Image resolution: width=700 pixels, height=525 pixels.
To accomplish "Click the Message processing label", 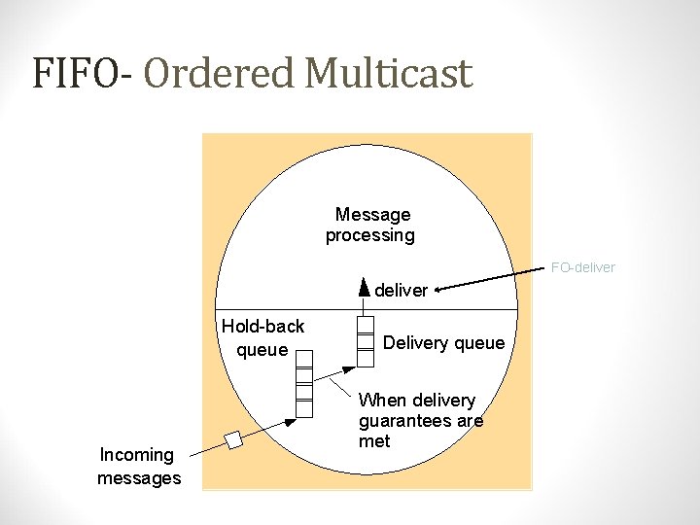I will coord(371,225).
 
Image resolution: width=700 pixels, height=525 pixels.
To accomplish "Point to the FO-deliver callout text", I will coord(583,267).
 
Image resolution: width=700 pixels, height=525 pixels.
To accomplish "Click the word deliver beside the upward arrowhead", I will coord(401,290).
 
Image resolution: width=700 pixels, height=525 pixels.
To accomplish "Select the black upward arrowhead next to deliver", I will coord(364,287).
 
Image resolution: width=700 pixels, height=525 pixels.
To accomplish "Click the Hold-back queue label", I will coord(262,337).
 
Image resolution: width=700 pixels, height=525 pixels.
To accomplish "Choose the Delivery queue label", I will coord(443,342).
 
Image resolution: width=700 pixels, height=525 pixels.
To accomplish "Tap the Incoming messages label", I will coord(139,466).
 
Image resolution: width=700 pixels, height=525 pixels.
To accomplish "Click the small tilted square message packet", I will coord(233,440).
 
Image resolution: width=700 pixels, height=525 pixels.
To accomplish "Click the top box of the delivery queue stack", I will coord(365,325).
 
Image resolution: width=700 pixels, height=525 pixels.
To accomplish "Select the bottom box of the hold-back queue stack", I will coord(304,408).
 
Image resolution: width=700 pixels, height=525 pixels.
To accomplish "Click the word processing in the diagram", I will coord(369,235).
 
